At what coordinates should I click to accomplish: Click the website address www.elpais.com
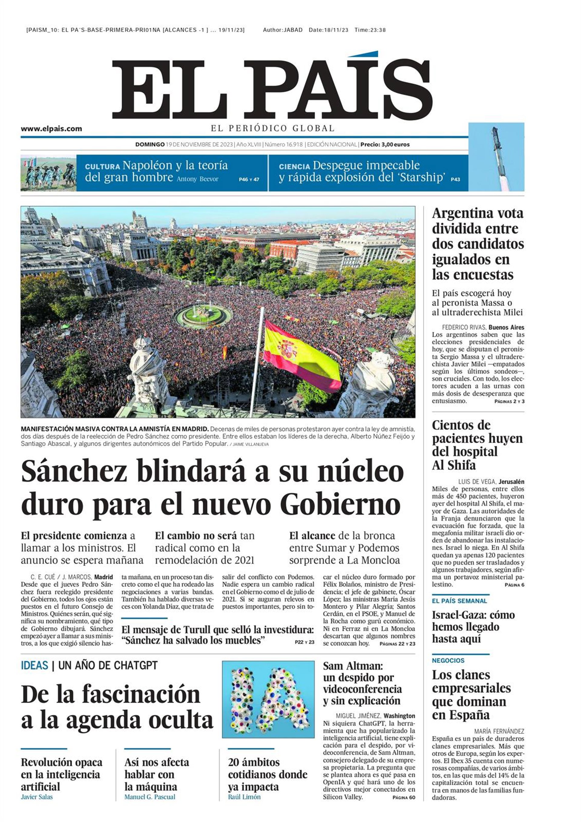(51, 129)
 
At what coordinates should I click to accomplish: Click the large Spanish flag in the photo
(301, 356)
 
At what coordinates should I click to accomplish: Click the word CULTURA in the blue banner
(102, 166)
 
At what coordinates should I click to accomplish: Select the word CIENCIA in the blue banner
(294, 166)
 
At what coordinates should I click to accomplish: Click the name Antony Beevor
(197, 179)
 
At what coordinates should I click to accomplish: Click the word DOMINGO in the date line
(149, 145)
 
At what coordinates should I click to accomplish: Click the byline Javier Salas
(37, 797)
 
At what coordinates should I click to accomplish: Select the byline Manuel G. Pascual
(149, 797)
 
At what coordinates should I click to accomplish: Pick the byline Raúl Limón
(244, 797)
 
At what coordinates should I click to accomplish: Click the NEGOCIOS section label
(448, 660)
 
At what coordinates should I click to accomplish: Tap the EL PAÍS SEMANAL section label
(459, 601)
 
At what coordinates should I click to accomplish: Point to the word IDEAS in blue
(34, 666)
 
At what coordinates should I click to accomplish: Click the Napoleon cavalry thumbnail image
(48, 173)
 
